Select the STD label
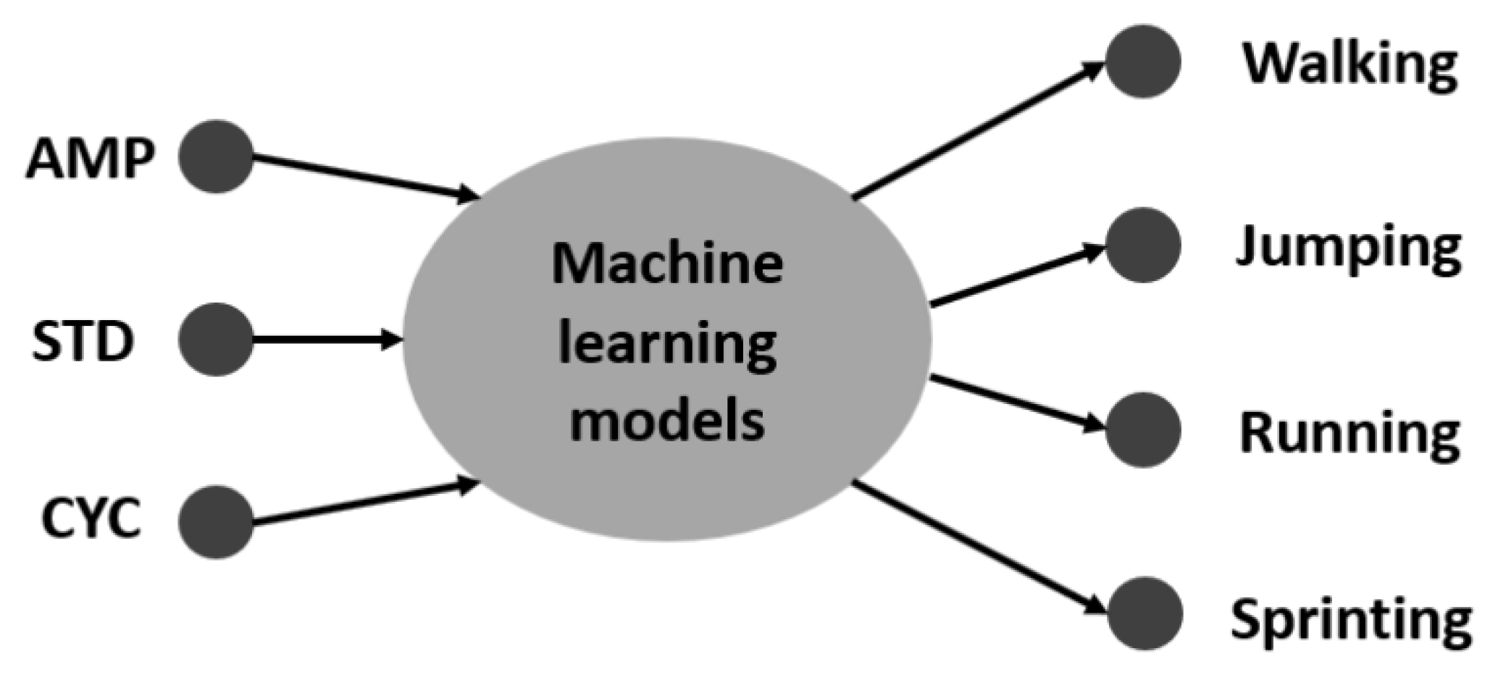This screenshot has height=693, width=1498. click(83, 341)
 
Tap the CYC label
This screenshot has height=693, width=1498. click(91, 518)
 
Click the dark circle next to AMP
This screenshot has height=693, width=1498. click(216, 156)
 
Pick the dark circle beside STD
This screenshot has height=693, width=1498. click(216, 339)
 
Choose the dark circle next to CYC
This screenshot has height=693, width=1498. click(216, 521)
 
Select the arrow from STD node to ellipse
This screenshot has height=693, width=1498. click(326, 339)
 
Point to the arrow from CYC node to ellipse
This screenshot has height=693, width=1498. click(362, 503)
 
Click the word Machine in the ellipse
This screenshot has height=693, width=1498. click(666, 264)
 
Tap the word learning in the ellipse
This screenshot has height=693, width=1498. click(666, 344)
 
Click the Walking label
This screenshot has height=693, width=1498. click(1350, 64)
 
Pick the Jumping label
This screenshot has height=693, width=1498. click(1348, 248)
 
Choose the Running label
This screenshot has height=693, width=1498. click(1349, 433)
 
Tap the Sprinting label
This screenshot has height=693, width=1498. click(1350, 619)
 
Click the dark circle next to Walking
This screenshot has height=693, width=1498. click(1143, 62)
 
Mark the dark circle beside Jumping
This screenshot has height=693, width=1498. click(1143, 245)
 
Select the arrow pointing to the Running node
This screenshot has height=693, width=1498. click(1014, 403)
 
